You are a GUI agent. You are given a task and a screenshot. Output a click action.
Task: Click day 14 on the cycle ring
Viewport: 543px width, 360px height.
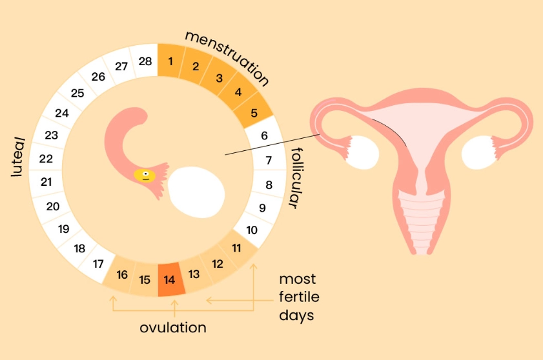coord(170,281)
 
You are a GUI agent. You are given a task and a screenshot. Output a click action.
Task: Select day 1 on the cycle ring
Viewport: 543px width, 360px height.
coord(170,61)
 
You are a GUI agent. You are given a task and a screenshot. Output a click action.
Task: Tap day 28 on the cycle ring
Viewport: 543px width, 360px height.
coord(145,62)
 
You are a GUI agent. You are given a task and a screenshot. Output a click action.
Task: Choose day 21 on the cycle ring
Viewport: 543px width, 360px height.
coord(46,182)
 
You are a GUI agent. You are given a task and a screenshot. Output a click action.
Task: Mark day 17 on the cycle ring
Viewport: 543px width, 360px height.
coord(99,263)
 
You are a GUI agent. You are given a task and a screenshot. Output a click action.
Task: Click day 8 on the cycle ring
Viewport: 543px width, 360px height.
coord(269,185)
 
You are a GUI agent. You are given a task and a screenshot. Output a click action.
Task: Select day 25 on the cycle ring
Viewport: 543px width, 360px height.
coord(77,93)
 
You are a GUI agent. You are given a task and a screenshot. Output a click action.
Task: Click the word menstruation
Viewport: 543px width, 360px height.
coord(227,57)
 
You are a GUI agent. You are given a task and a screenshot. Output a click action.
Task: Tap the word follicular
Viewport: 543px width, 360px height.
coord(294,178)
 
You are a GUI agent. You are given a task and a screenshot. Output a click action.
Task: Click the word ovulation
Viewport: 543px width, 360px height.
coord(173,328)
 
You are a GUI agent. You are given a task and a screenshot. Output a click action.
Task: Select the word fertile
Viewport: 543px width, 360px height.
coord(299,297)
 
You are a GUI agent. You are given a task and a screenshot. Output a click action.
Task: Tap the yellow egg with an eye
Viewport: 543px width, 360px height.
coord(145,174)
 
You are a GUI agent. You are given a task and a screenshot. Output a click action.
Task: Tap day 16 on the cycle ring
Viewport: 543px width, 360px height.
coord(122,274)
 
